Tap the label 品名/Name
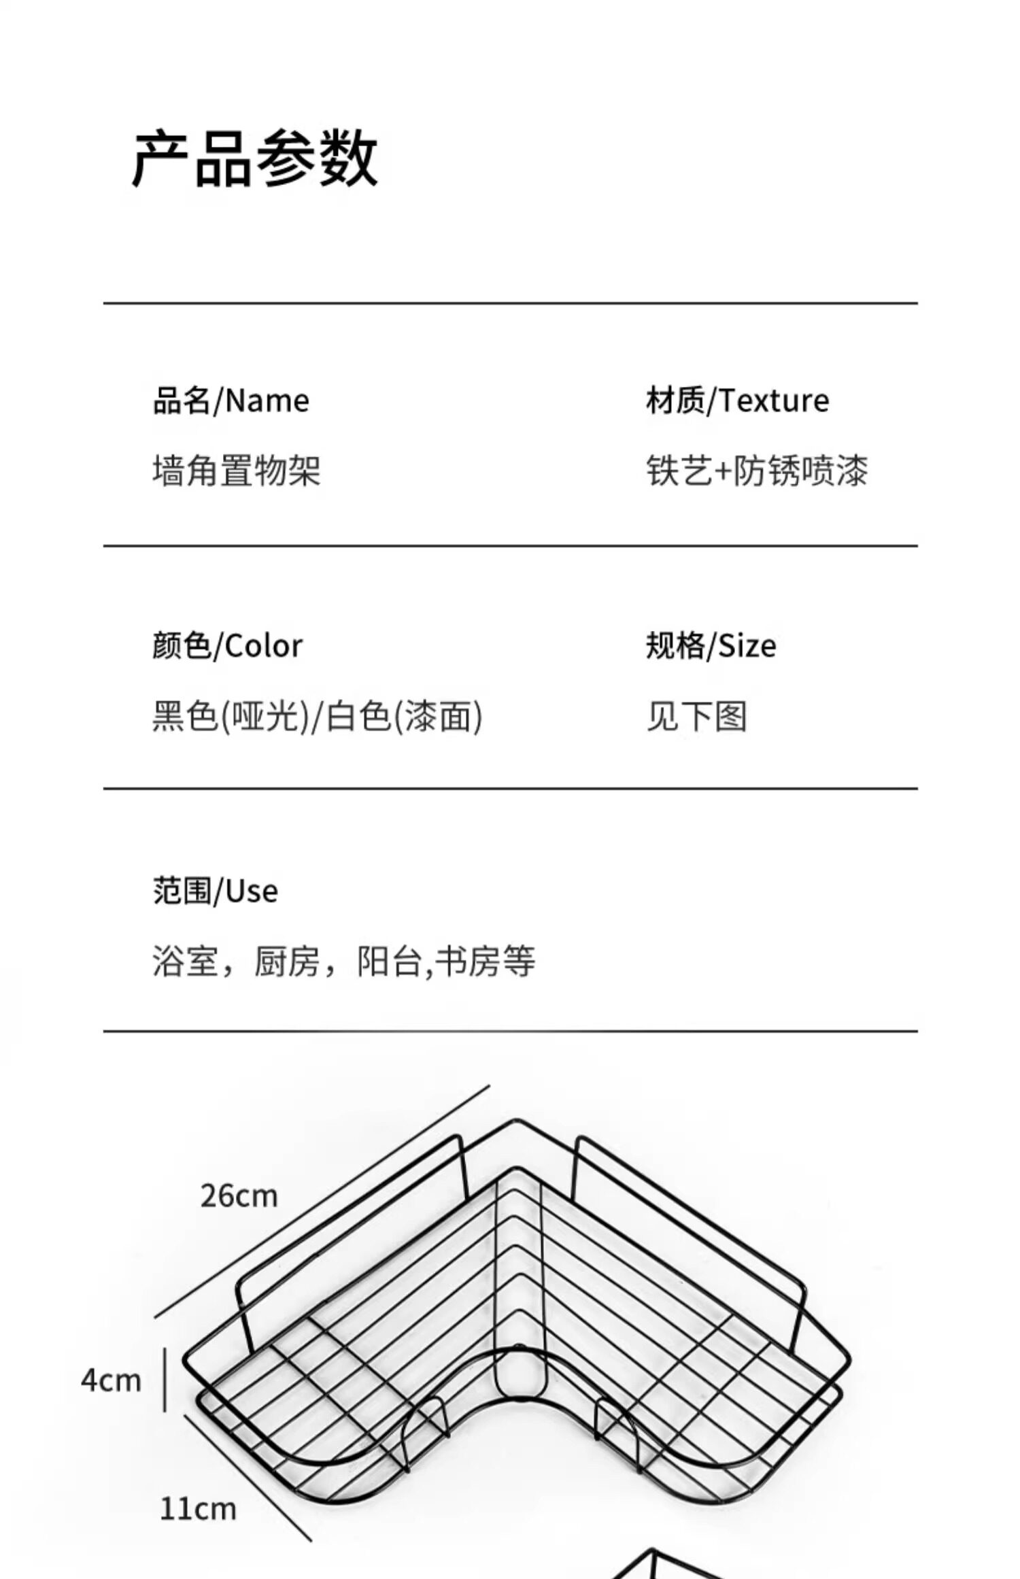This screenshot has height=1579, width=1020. click(231, 401)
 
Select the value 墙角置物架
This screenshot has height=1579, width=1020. click(236, 471)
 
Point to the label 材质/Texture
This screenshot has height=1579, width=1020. click(737, 401)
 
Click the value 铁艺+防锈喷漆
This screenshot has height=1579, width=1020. click(757, 471)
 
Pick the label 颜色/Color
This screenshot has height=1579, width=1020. click(227, 645)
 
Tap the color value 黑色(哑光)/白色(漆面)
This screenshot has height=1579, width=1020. click(317, 716)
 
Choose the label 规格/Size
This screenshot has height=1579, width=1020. click(711, 645)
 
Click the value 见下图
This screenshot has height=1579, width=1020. click(696, 716)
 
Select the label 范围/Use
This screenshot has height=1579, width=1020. click(216, 891)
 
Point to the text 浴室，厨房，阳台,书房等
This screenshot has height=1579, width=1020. click(344, 962)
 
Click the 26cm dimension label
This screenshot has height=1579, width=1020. click(239, 1196)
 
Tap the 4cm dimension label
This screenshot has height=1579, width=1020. click(111, 1381)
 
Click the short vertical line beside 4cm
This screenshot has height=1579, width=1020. click(165, 1380)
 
